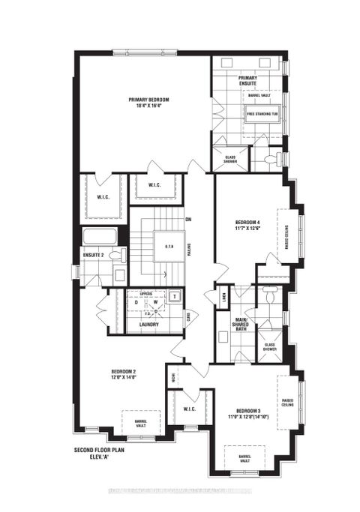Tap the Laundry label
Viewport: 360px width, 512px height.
148,324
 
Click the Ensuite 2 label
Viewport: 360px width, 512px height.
94,256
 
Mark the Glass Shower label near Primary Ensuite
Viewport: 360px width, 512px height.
230,159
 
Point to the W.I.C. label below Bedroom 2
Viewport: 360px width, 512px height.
189,409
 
